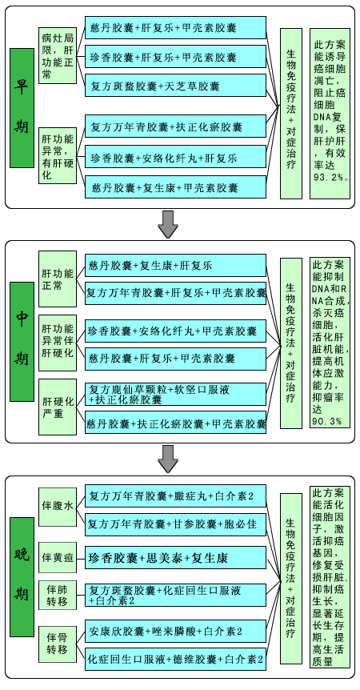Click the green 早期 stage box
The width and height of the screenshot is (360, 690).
22,108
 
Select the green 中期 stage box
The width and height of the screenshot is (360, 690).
22,342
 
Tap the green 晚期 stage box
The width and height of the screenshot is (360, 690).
22,577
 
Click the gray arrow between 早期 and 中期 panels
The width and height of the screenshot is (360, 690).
167,224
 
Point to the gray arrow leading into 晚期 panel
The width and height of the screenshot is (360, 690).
167,459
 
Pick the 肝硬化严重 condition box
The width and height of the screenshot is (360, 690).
58,407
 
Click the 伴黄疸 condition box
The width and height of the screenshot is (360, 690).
58,559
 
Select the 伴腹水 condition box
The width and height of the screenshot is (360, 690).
58,507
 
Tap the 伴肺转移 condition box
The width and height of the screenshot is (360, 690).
58,595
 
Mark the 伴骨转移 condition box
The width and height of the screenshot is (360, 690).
58,643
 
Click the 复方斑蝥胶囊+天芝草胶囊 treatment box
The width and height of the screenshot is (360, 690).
175,86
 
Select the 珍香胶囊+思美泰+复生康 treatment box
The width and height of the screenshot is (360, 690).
175,558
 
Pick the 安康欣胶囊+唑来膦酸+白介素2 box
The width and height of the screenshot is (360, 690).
175,632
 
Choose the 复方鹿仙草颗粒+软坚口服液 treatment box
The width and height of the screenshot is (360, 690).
175,395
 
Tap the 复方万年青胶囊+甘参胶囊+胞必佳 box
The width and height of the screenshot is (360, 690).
175,524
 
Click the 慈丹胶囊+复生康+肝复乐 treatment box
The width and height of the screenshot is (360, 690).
175,265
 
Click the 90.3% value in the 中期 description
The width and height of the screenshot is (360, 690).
327,421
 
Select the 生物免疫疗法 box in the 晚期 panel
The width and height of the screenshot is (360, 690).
291,578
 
